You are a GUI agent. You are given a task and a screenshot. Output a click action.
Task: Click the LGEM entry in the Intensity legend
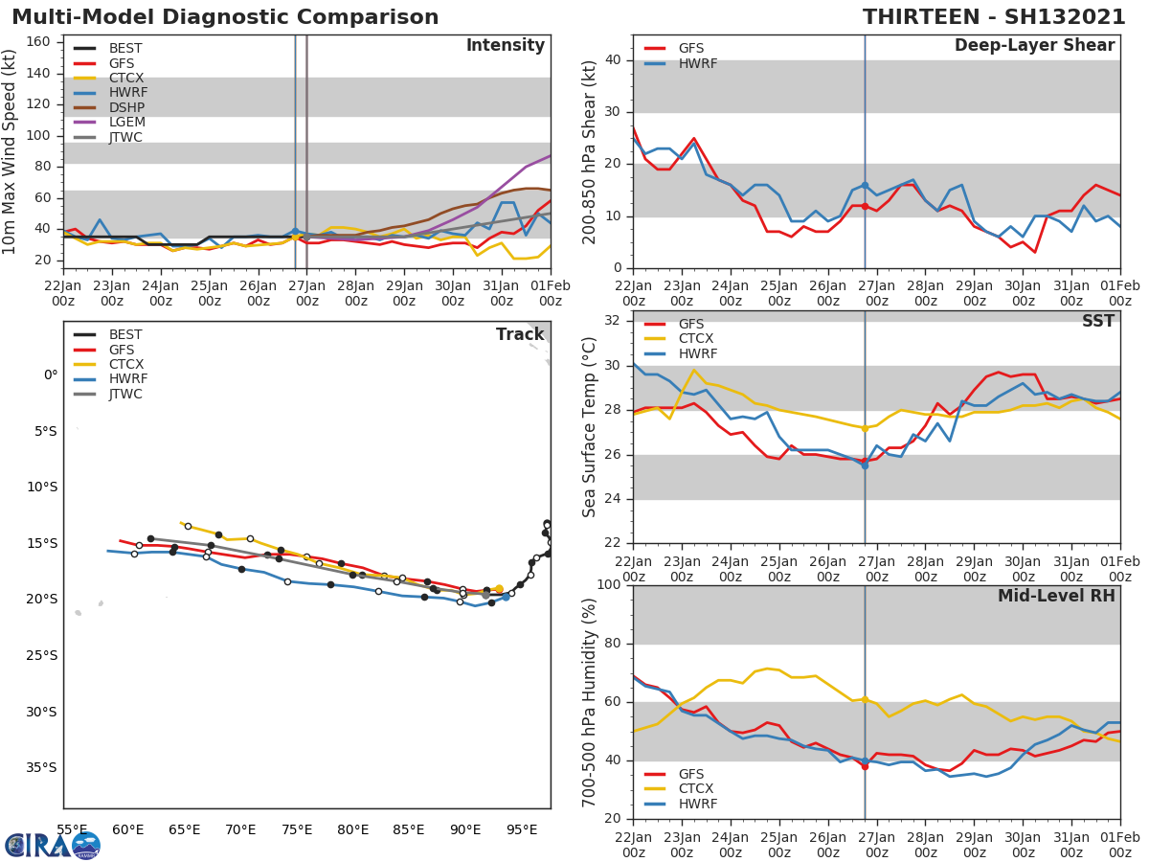coord(125,123)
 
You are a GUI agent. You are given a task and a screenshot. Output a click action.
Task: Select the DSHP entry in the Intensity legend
coord(125,107)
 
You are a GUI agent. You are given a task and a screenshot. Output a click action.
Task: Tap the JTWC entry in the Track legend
coord(125,395)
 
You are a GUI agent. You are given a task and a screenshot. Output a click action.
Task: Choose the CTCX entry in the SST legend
coord(697,339)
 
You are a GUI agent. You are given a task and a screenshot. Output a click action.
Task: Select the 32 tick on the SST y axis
coord(611,321)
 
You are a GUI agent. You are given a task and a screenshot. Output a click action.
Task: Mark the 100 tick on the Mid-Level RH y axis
coord(607,585)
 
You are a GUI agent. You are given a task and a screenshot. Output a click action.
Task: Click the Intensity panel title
coord(505,46)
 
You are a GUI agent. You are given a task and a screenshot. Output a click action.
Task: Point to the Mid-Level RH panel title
coord(1056,597)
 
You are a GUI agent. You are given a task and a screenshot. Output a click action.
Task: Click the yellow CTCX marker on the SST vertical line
coord(865,428)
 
